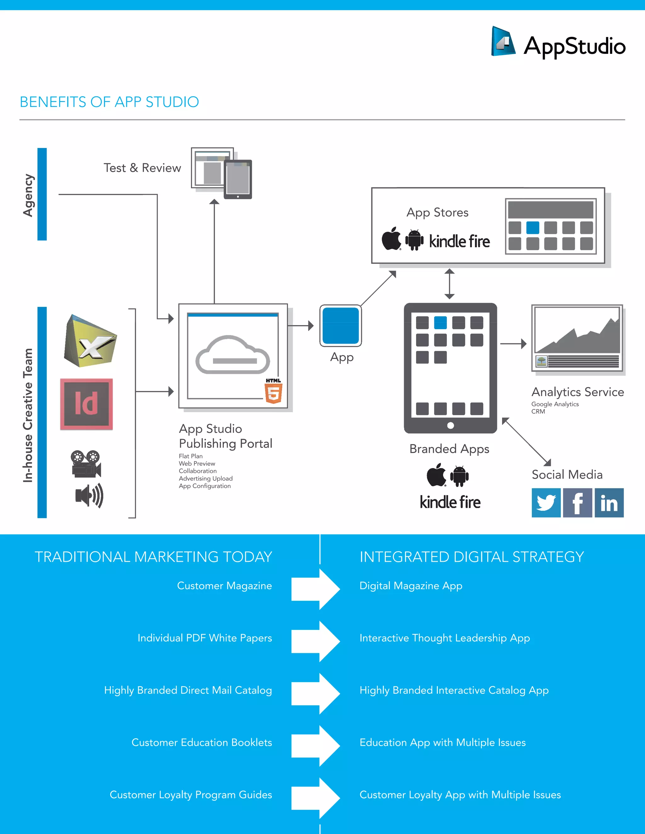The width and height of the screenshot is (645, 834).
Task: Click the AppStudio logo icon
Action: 503,42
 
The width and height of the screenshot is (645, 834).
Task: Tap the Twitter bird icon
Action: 546,503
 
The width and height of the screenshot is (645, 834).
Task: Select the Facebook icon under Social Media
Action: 577,503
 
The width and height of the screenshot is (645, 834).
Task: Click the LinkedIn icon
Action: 609,503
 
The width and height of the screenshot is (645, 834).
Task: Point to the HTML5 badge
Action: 274,391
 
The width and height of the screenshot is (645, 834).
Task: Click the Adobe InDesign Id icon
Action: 86,404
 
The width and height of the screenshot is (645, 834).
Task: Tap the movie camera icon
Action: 86,464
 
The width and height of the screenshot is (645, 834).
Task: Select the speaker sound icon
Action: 89,495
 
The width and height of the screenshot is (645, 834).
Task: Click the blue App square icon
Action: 340,326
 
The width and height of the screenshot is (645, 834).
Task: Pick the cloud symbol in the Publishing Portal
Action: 233,355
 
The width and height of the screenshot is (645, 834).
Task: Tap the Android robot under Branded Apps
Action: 459,476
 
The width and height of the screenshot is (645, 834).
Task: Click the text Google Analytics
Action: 555,404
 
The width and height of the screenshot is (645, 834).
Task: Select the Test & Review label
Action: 142,168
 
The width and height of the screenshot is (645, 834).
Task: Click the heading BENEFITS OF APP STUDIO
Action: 109,102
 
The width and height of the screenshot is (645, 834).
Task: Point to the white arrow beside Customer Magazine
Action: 315,589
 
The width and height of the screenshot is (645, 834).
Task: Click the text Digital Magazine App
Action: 411,586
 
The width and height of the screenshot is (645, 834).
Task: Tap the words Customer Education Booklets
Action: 202,742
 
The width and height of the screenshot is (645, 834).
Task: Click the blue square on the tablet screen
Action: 440,323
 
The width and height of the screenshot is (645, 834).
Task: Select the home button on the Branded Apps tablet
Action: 450,425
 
